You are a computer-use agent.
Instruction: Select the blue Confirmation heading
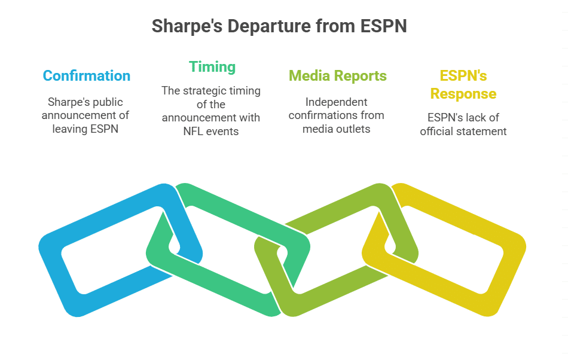coord(87,76)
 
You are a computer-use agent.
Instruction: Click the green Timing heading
coord(212,66)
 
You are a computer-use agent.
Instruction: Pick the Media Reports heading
coord(337,76)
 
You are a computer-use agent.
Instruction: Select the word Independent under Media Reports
coord(337,102)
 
